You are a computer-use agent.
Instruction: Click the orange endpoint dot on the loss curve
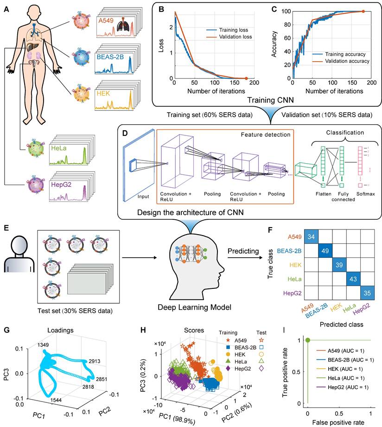pyautogui.click(x=246, y=78)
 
